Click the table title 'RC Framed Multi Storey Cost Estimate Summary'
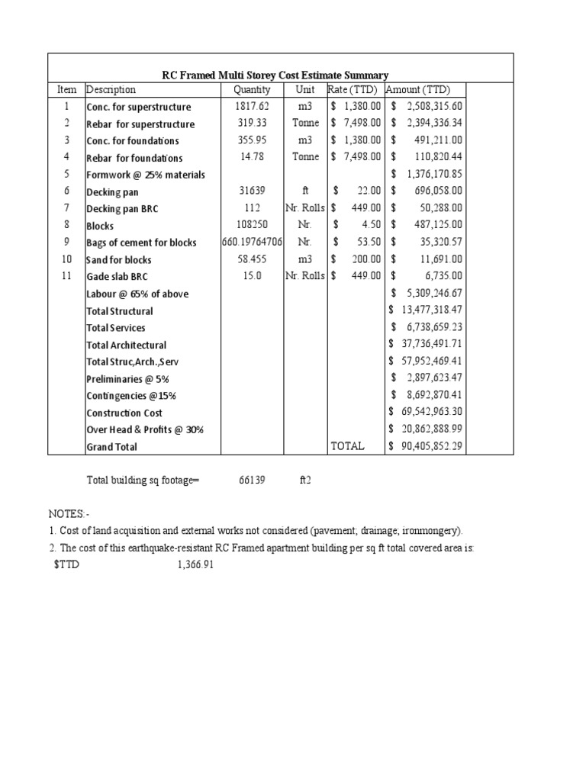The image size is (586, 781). [x=275, y=75]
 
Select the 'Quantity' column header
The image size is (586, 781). [x=252, y=90]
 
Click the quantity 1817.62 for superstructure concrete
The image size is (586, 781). [x=252, y=107]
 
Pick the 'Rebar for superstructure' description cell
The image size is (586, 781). [x=140, y=124]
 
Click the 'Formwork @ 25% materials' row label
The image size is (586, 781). [x=146, y=175]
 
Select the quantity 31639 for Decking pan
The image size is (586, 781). [x=252, y=191]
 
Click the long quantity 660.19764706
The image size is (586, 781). [x=252, y=243]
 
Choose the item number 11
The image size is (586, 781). [x=66, y=276]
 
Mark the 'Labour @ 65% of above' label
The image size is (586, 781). [x=137, y=294]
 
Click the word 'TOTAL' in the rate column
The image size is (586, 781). [x=347, y=446]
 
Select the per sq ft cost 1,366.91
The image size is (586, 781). [x=189, y=565]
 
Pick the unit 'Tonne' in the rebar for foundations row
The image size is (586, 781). [x=305, y=157]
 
